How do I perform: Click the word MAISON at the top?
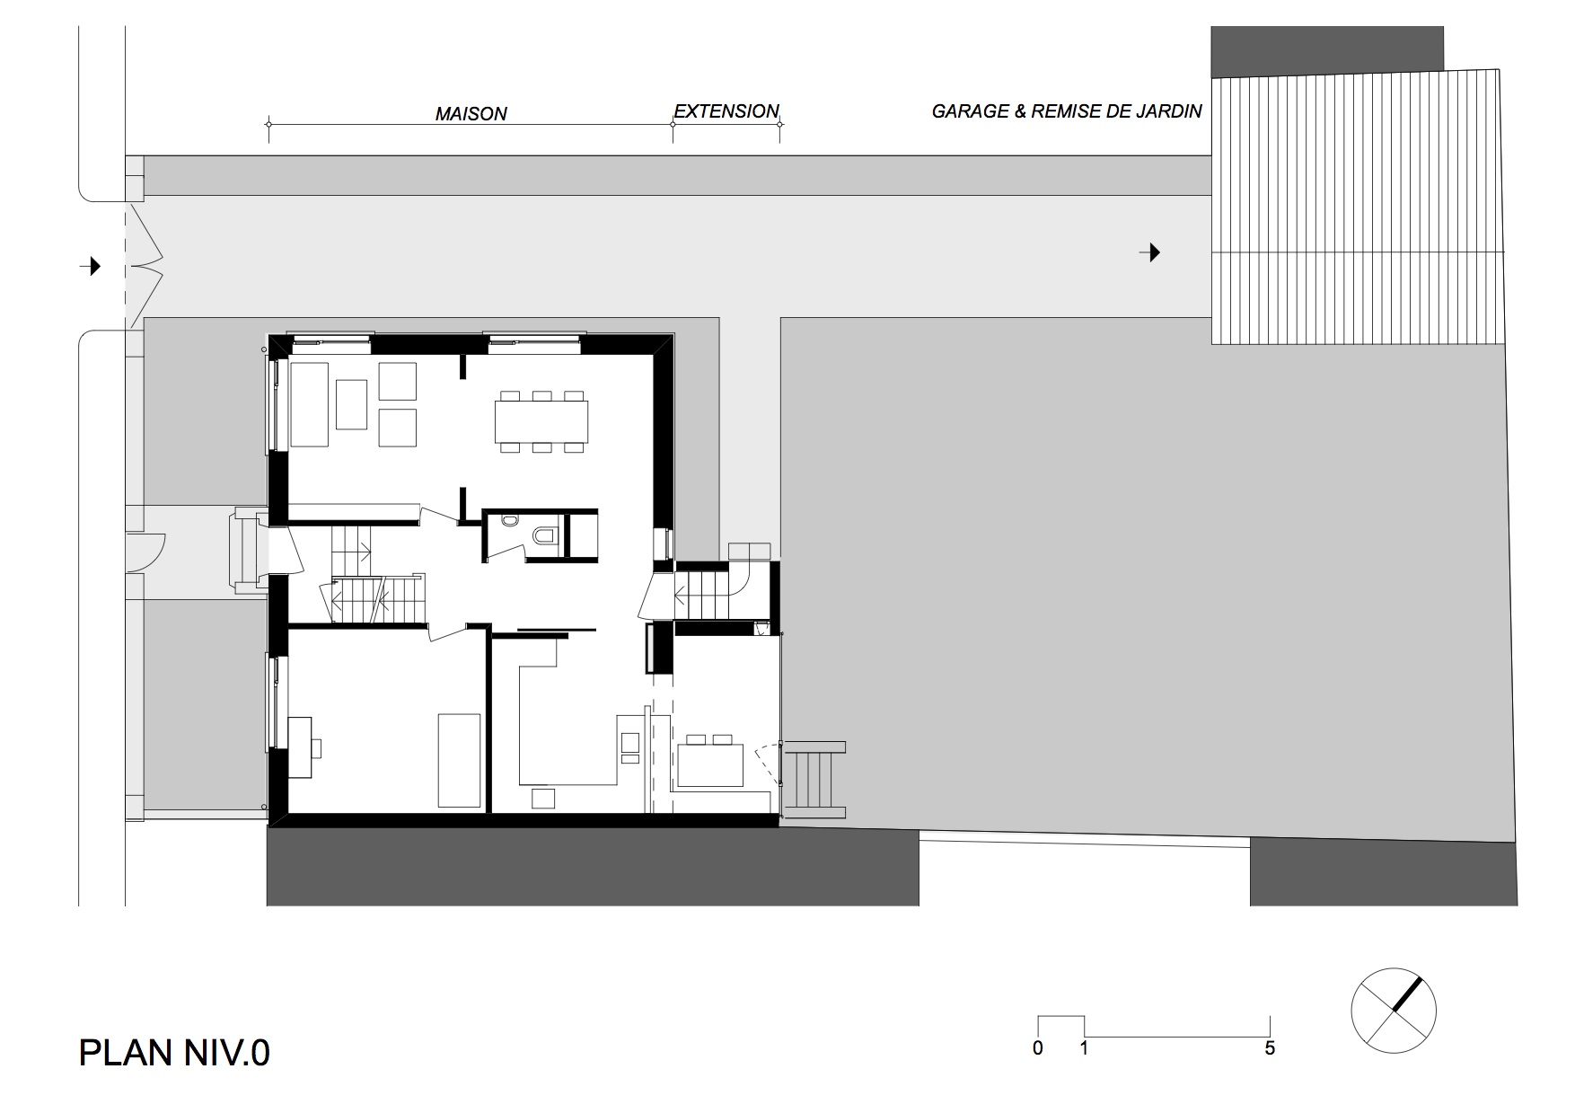click(471, 114)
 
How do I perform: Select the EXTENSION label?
click(726, 111)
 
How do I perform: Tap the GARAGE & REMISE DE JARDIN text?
click(1066, 111)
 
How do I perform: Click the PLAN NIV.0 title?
click(174, 1052)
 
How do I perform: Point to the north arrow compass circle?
click(1393, 1011)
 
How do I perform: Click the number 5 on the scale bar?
click(1269, 1048)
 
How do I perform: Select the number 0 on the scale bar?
click(1038, 1048)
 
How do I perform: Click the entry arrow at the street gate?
click(91, 266)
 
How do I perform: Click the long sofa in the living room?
click(308, 404)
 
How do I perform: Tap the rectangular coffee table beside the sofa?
click(351, 404)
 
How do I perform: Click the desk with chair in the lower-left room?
click(300, 746)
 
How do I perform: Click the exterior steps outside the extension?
click(814, 779)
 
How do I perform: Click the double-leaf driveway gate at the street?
click(145, 266)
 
